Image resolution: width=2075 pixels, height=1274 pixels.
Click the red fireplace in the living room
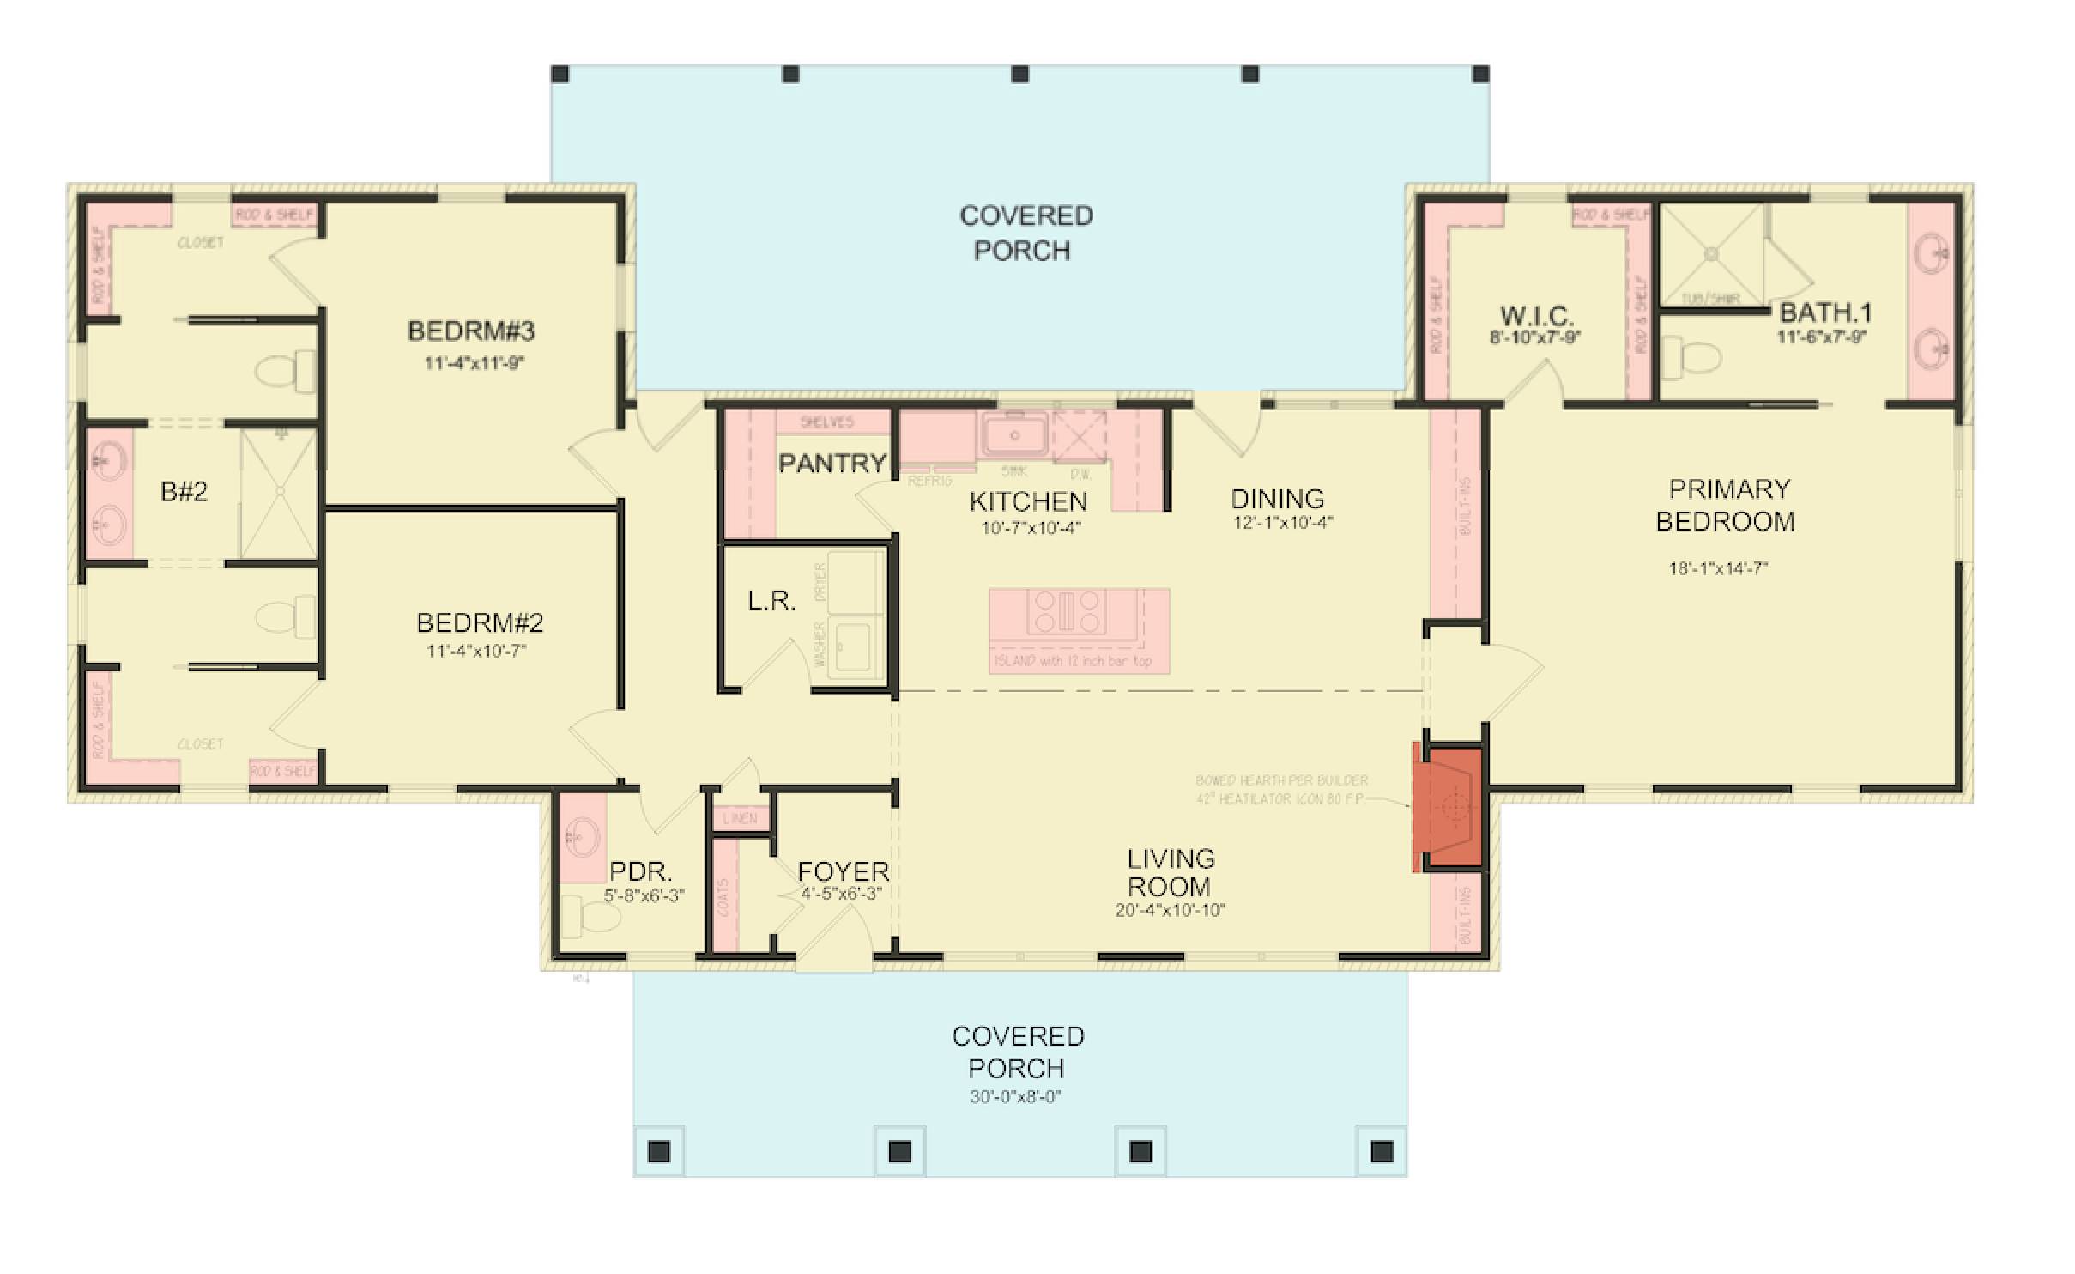click(1451, 808)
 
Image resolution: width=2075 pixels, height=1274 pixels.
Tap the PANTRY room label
click(832, 464)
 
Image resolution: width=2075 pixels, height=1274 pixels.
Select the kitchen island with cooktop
click(1079, 628)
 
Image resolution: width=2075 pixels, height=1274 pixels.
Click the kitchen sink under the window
click(1014, 435)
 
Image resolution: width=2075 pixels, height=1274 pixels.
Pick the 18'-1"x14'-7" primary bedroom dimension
click(1718, 568)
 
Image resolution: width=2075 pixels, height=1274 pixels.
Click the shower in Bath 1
click(1711, 254)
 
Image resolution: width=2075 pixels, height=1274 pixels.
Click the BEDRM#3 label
click(471, 331)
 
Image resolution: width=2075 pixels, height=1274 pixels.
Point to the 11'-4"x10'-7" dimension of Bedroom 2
click(476, 652)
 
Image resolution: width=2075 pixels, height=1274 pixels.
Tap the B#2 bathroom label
click(184, 492)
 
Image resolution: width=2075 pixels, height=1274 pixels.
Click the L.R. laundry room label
click(771, 601)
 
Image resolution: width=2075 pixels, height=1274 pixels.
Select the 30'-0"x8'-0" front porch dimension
click(1016, 1097)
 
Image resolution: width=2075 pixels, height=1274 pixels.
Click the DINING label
click(1277, 499)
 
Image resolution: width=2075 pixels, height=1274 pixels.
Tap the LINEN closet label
click(740, 818)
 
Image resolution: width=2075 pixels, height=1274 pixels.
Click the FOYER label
click(843, 871)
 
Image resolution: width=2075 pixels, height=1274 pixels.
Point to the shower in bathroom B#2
click(279, 494)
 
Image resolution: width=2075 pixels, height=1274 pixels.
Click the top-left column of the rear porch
click(560, 75)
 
